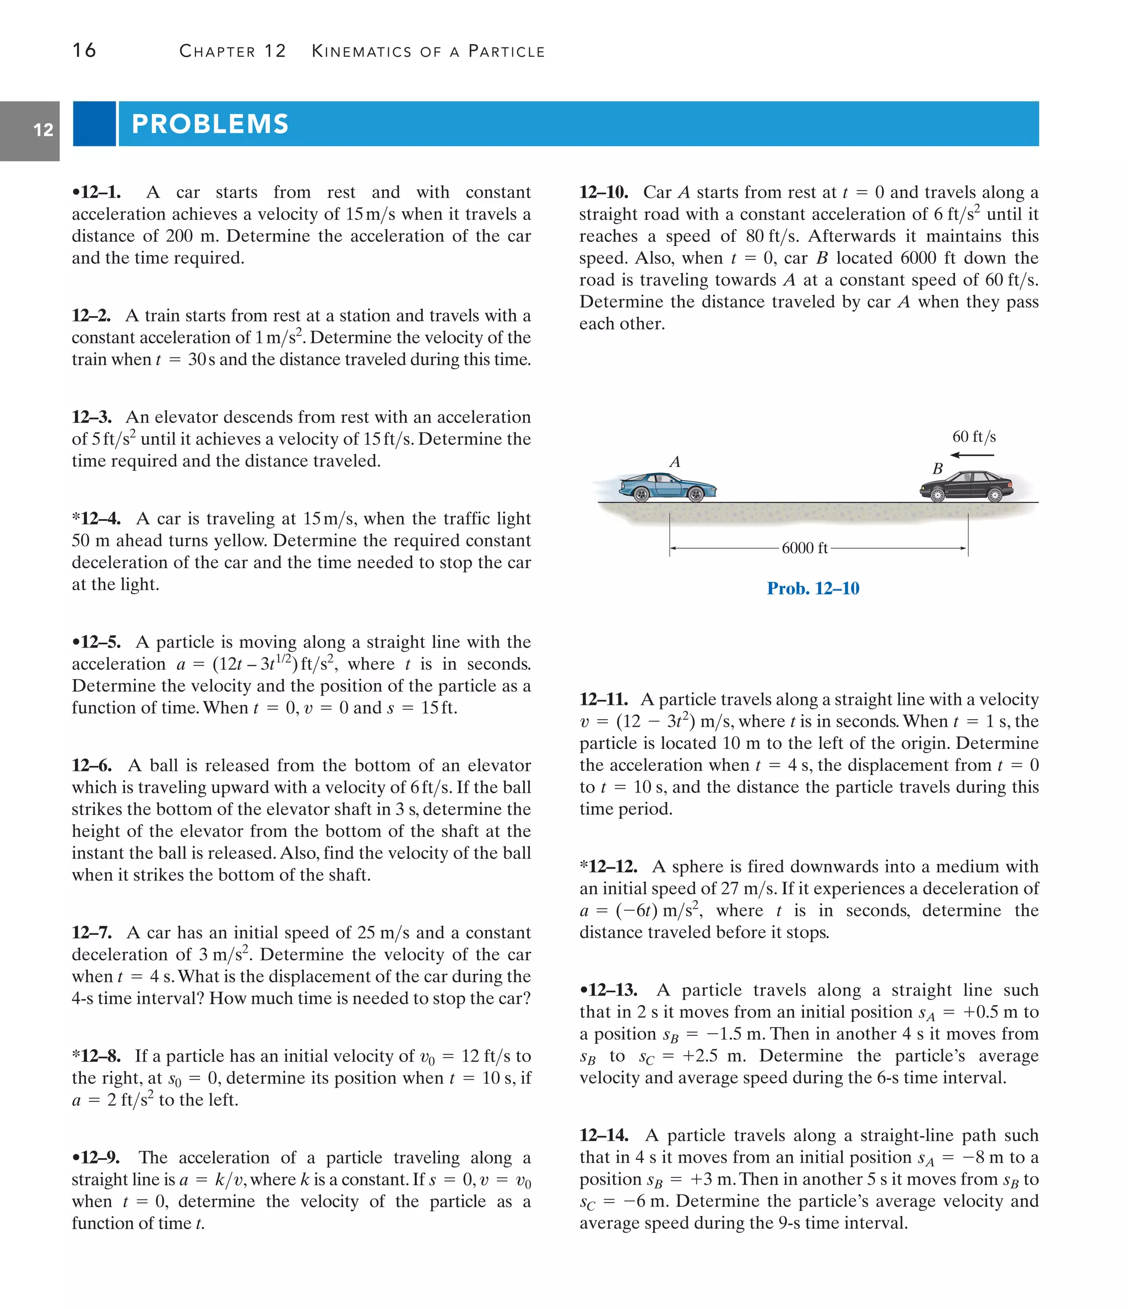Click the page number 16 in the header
click(84, 51)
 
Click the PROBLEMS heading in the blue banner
click(210, 124)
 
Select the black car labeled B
click(967, 486)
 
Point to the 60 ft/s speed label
click(974, 437)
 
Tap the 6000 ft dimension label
click(805, 548)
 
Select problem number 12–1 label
click(97, 192)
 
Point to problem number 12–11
click(604, 699)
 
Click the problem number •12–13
click(609, 990)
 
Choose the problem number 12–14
click(604, 1136)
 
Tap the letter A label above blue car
click(674, 462)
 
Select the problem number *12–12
click(609, 867)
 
